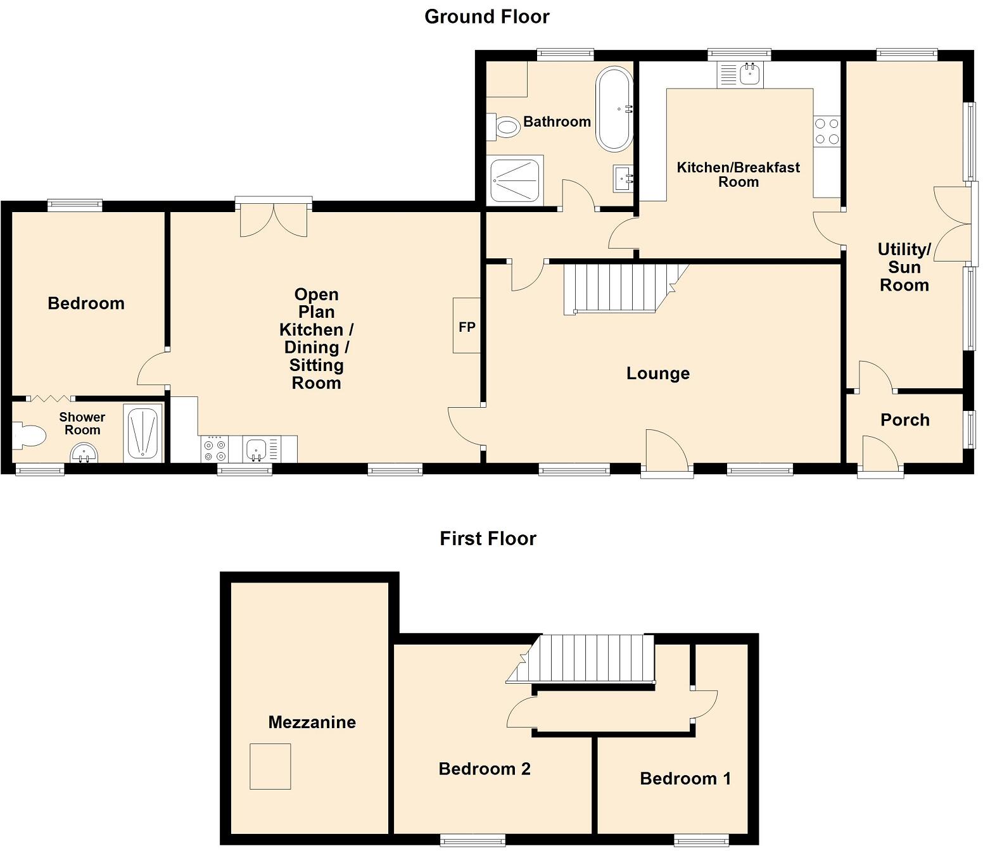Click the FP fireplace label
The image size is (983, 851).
[467, 327]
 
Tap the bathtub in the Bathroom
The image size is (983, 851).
[614, 109]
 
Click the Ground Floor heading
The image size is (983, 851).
[486, 16]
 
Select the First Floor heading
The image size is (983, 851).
[488, 538]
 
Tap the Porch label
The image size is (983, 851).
[904, 420]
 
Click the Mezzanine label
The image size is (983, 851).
[312, 722]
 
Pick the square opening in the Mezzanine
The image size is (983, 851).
[270, 766]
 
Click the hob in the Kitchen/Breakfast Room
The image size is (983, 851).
[827, 131]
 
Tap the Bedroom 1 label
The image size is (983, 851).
[685, 778]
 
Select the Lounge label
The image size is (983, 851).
[657, 373]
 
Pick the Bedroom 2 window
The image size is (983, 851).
[473, 840]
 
